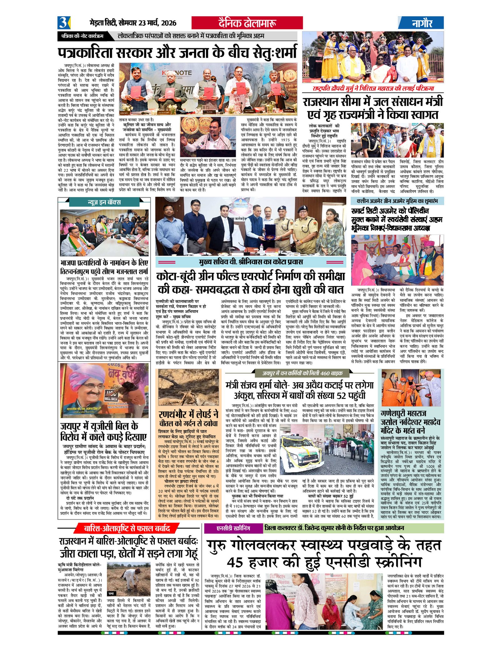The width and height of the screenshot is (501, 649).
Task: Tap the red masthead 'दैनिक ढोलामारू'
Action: click(x=247, y=23)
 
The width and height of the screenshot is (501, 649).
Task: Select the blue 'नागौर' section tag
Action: click(x=421, y=23)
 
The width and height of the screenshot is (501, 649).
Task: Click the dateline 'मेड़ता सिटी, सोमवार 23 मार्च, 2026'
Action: click(x=133, y=23)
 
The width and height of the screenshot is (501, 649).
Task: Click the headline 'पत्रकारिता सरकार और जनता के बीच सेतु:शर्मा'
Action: click(x=177, y=52)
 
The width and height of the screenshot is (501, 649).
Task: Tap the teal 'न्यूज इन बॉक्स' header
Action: click(x=104, y=202)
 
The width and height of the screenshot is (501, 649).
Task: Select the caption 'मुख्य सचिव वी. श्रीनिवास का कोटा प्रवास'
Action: click(x=250, y=262)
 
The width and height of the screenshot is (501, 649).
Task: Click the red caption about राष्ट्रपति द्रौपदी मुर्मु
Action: click(x=373, y=88)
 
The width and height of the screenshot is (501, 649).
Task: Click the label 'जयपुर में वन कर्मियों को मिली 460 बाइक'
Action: click(x=302, y=373)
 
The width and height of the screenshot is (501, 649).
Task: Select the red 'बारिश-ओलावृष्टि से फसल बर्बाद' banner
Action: click(x=127, y=529)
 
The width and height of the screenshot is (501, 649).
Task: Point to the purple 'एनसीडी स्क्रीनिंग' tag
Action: click(x=234, y=528)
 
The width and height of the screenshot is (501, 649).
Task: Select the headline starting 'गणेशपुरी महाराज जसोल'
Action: click(x=411, y=422)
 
